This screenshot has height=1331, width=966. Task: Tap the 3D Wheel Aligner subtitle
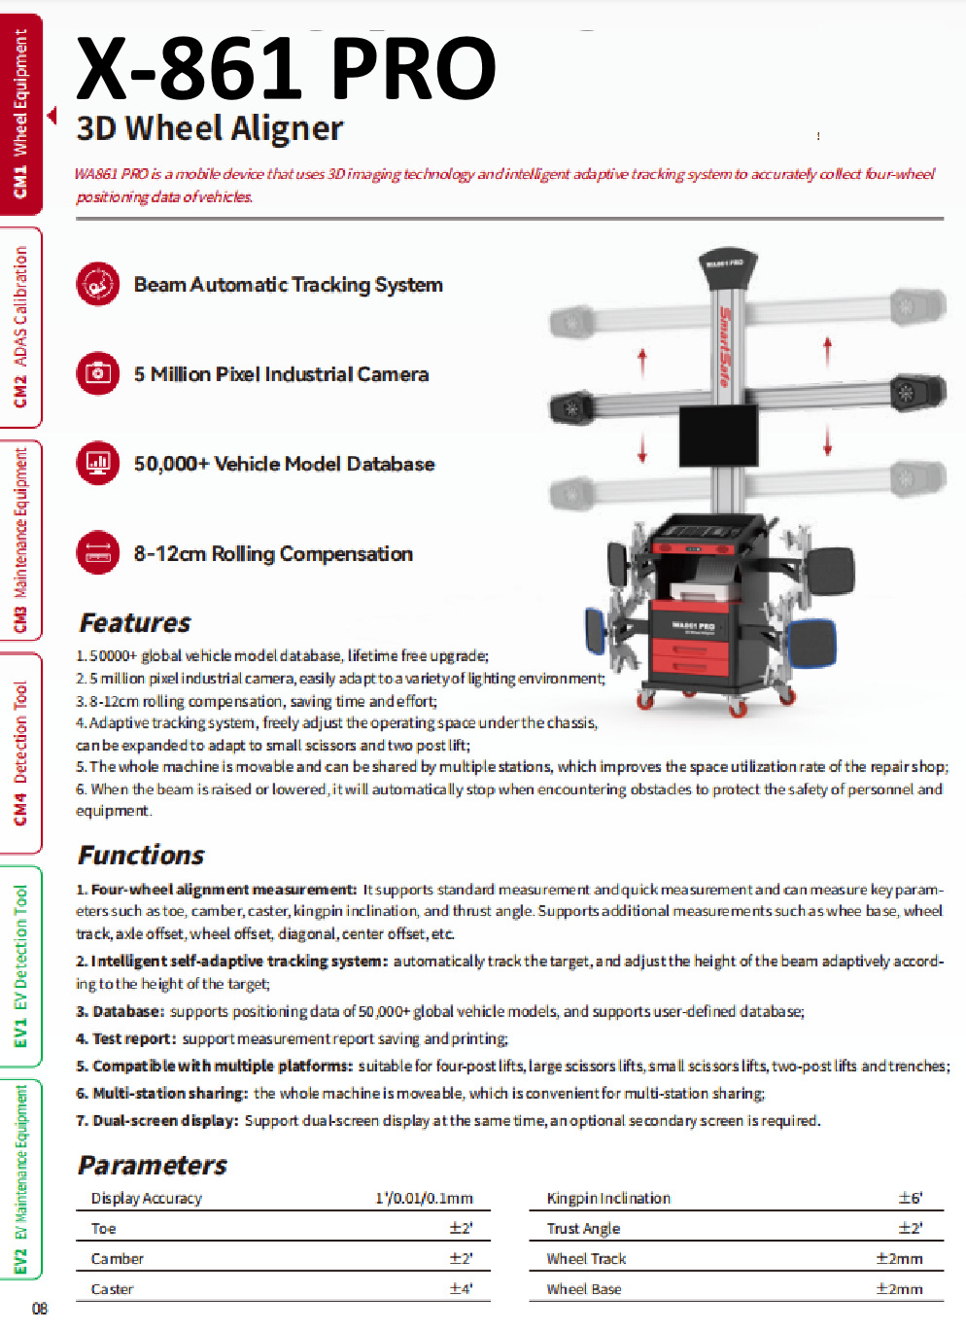(209, 128)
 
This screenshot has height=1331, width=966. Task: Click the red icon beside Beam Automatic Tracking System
(98, 284)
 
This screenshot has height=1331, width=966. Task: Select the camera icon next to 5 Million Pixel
(98, 373)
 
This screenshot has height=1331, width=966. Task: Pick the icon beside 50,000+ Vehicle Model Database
(98, 463)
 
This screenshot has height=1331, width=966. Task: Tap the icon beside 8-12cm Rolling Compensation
(98, 553)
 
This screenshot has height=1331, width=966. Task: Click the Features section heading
(135, 622)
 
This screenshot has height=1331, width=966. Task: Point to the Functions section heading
(141, 855)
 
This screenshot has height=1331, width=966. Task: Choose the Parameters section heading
(153, 1165)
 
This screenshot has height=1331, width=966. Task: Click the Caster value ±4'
(461, 1289)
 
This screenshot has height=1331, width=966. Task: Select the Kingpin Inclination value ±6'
(910, 1198)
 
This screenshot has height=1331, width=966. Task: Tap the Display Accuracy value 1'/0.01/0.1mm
(424, 1198)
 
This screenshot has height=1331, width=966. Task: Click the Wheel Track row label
(586, 1259)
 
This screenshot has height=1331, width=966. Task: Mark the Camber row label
(118, 1259)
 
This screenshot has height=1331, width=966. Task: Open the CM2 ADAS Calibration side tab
(20, 327)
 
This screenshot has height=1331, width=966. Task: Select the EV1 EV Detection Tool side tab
(20, 965)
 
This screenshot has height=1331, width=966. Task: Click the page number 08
(40, 1309)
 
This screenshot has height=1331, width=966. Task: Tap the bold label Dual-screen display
(164, 1120)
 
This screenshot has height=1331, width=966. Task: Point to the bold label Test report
(133, 1038)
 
